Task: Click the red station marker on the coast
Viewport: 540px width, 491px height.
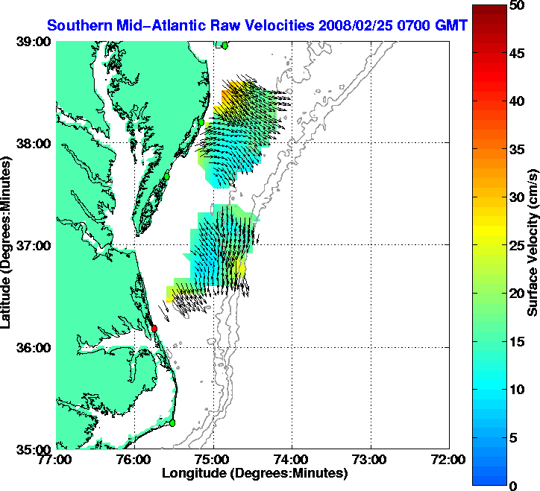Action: click(x=154, y=328)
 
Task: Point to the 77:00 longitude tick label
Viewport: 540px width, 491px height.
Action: click(x=57, y=459)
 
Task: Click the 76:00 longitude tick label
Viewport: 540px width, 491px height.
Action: click(x=135, y=459)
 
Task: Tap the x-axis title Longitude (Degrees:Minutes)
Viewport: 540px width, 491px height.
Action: click(x=254, y=473)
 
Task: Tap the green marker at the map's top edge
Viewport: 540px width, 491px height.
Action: click(x=225, y=45)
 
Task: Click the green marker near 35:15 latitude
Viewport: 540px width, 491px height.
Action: click(x=172, y=422)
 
